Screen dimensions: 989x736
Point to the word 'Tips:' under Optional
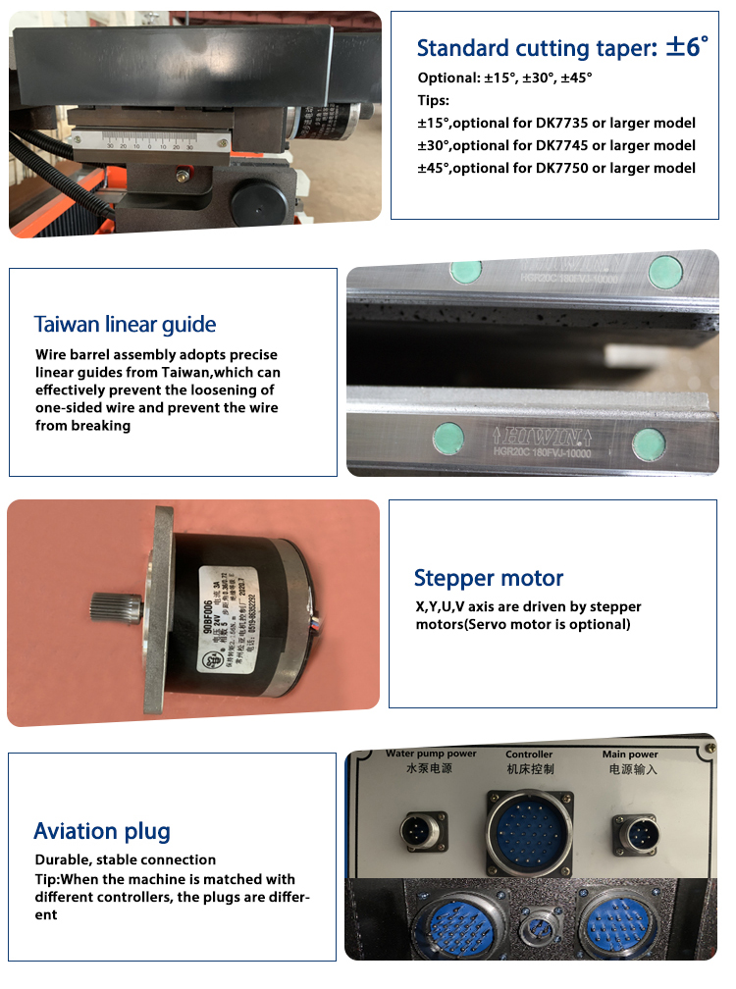[x=434, y=100]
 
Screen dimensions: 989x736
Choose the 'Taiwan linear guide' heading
[x=125, y=325]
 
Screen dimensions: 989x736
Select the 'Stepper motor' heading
[x=488, y=578]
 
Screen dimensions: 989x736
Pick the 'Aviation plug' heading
[x=102, y=832]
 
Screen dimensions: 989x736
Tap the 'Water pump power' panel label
[x=431, y=754]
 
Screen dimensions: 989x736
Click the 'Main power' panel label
[x=629, y=754]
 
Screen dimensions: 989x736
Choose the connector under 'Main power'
[x=636, y=834]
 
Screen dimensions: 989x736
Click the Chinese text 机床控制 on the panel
[x=529, y=769]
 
